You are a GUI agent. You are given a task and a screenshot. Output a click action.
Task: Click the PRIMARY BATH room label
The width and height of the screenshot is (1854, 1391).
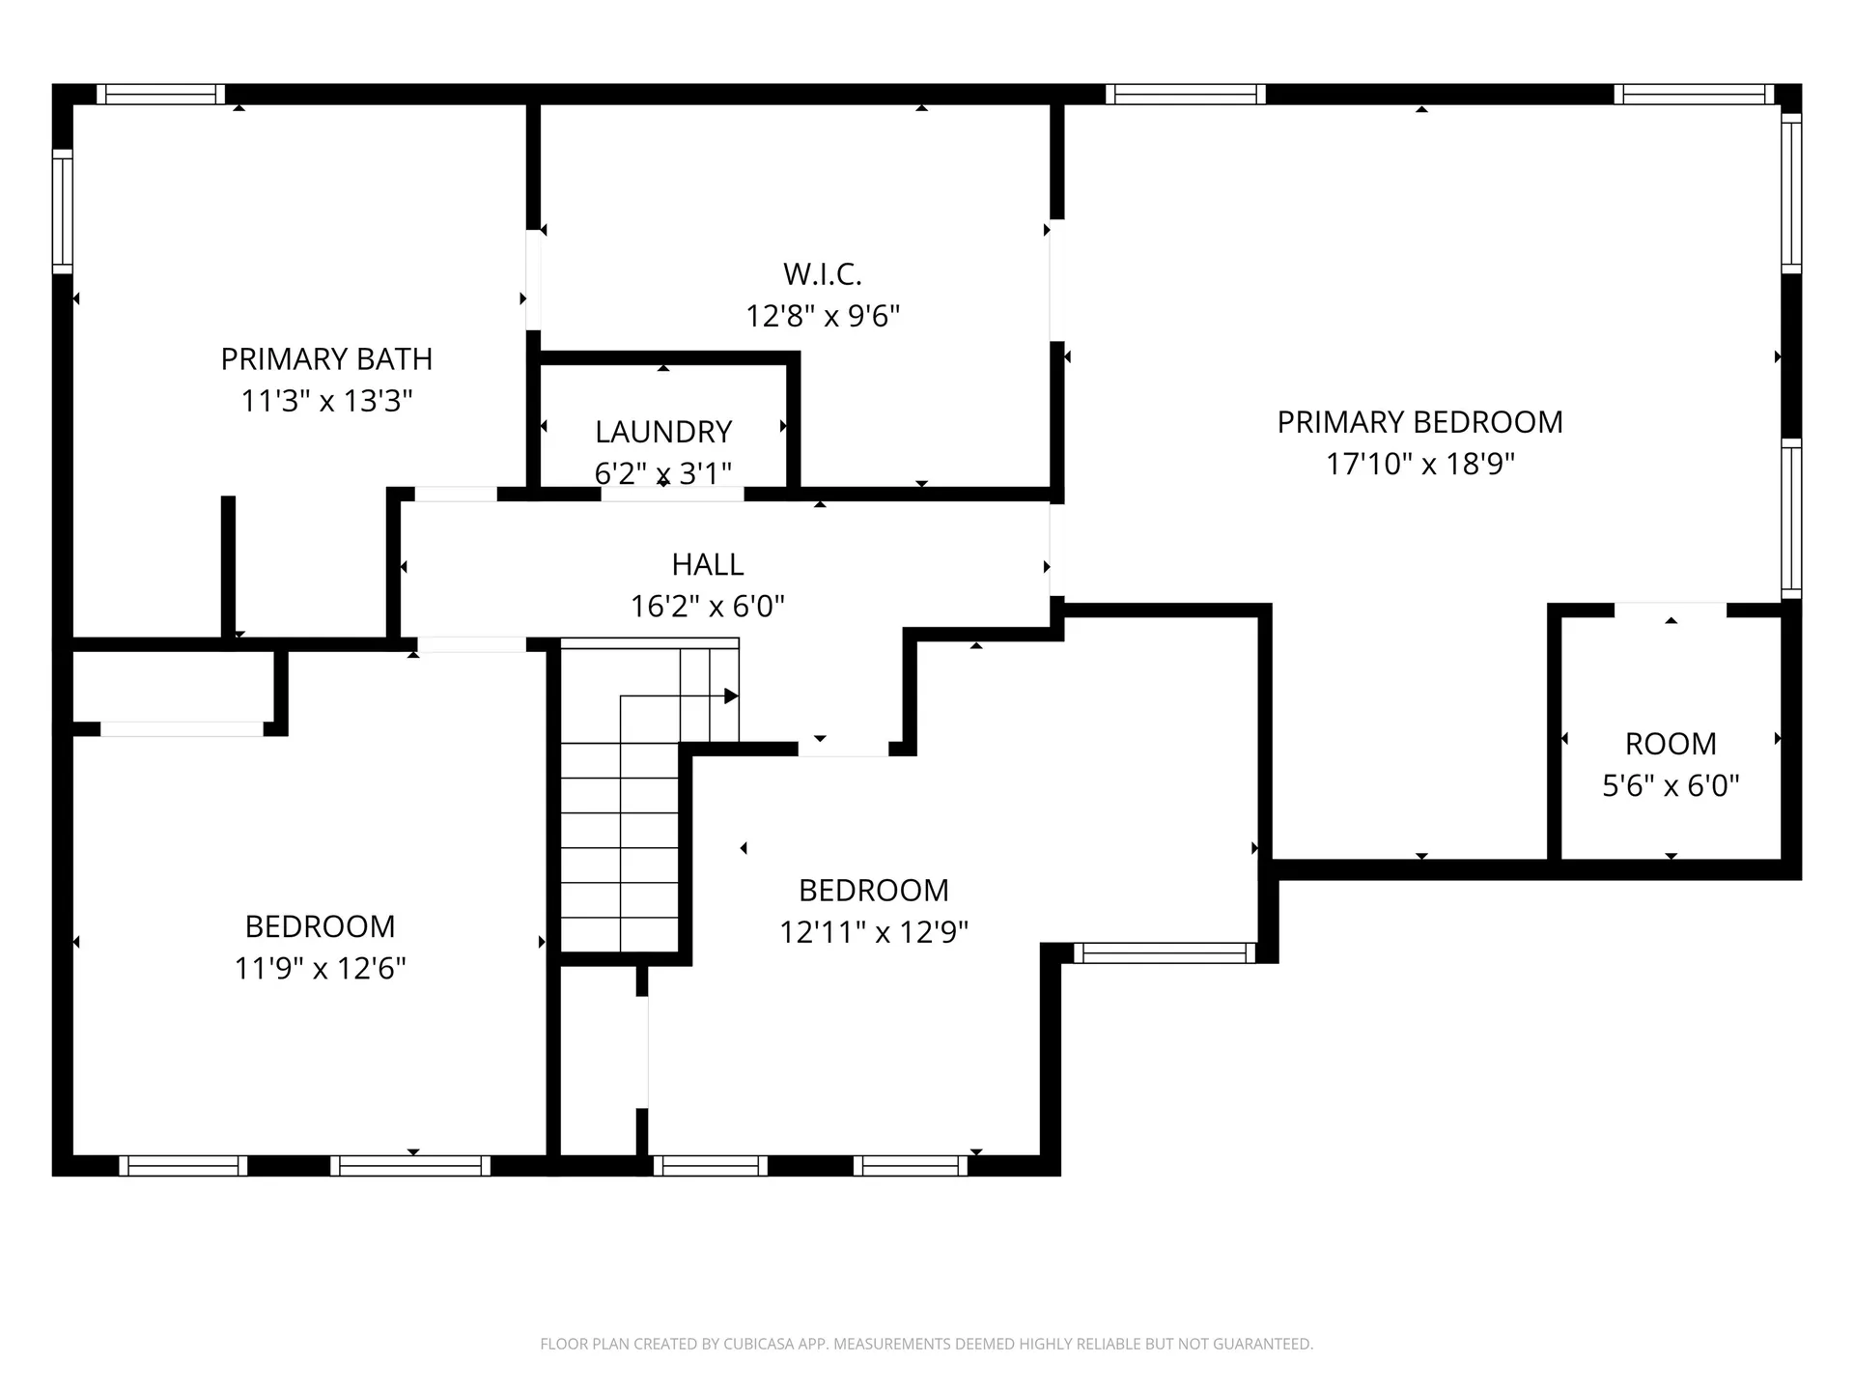[326, 359]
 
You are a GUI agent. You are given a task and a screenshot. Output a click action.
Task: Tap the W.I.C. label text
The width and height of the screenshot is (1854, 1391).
[823, 274]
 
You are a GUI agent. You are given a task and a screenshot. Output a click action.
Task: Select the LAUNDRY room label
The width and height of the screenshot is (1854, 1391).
[663, 432]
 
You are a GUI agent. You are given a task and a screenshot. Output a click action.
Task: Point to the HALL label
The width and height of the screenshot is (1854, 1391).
[708, 564]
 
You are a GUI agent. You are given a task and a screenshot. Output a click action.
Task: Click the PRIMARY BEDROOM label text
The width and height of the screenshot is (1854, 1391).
[1420, 422]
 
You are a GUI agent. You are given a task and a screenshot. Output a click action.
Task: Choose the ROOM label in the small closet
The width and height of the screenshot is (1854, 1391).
[1671, 744]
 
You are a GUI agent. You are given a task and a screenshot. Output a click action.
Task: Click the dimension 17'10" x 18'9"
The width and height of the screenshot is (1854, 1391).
[1420, 464]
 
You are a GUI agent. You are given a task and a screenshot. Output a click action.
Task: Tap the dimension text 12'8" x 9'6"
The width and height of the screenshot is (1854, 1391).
[823, 316]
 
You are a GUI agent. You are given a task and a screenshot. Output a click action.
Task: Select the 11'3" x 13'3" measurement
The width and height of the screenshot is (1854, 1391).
[326, 400]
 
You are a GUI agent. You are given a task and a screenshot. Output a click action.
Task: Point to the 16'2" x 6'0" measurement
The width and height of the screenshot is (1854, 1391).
[708, 606]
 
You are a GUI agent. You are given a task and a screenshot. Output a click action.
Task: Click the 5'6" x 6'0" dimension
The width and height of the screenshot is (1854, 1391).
[1671, 785]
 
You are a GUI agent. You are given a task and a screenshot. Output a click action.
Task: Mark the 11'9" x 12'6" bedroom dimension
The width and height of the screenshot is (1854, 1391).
[321, 968]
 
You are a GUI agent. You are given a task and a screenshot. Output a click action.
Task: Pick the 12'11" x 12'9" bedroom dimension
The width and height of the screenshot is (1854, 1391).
[874, 932]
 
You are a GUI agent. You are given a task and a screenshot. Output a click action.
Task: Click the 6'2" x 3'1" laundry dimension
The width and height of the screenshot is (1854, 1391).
[663, 473]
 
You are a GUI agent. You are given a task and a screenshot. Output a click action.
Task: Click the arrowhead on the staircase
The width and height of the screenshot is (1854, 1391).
[732, 696]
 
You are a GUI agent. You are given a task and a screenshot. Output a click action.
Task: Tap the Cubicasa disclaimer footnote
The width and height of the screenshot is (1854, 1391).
[927, 1344]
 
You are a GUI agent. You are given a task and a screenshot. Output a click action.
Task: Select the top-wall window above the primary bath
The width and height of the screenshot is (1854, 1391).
[160, 94]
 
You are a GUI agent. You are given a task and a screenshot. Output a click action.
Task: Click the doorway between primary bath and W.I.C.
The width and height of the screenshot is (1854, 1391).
[533, 280]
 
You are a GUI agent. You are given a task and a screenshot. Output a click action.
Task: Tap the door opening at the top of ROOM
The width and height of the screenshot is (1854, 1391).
[1671, 610]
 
